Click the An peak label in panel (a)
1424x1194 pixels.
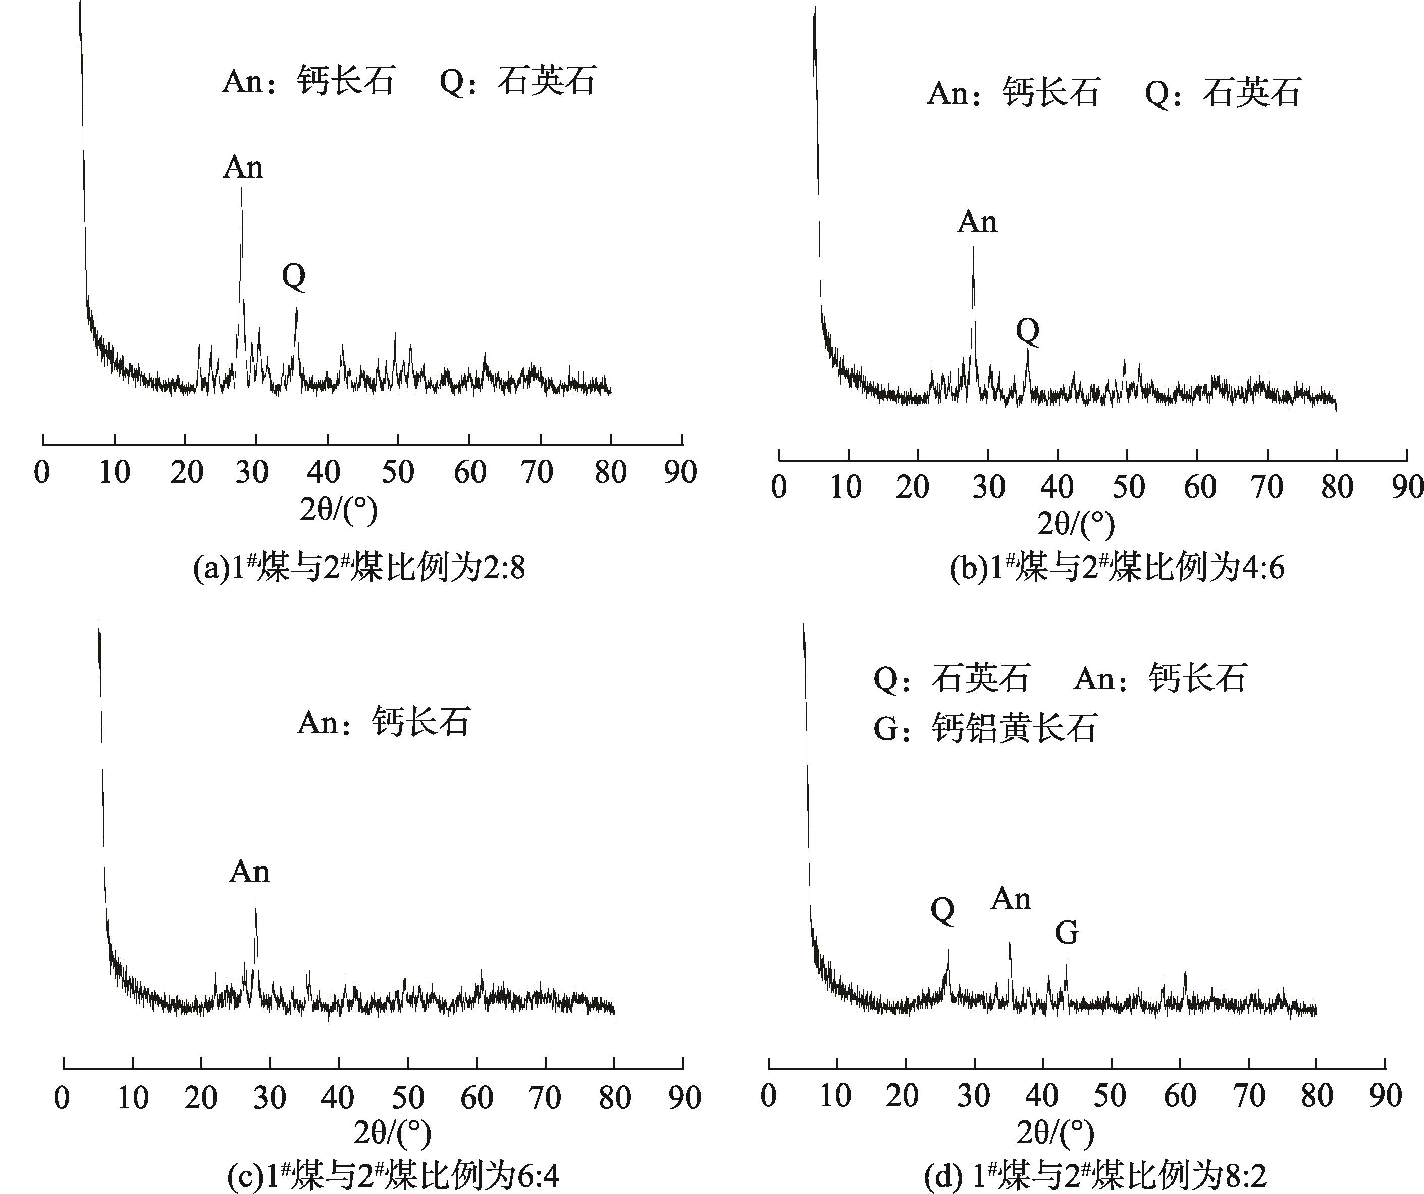pyautogui.click(x=243, y=168)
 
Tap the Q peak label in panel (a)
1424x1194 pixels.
pyautogui.click(x=294, y=277)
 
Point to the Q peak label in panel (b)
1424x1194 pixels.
pyautogui.click(x=1027, y=332)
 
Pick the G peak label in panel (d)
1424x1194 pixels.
pyautogui.click(x=1066, y=934)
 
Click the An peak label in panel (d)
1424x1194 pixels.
pyautogui.click(x=1011, y=900)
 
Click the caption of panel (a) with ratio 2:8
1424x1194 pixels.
pyautogui.click(x=359, y=568)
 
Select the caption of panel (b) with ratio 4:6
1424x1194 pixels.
pyautogui.click(x=1117, y=568)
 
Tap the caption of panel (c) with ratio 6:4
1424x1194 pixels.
pyautogui.click(x=393, y=1176)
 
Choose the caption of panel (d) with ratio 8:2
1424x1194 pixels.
pyautogui.click(x=1095, y=1176)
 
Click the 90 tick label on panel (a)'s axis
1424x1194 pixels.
pyautogui.click(x=680, y=472)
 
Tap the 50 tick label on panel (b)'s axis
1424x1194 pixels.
pyautogui.click(x=1128, y=487)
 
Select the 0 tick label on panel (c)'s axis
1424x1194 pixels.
pyautogui.click(x=62, y=1098)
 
